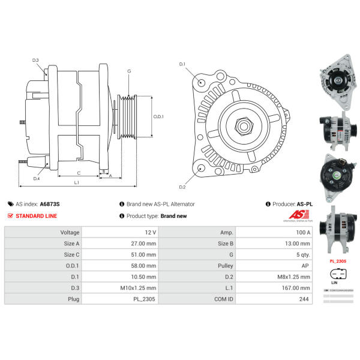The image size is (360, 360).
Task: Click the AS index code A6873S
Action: click(49, 204)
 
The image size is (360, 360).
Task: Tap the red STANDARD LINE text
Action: click(36, 216)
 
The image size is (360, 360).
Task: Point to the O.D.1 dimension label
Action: click(158, 116)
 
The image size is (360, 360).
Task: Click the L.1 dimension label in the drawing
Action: click(77, 182)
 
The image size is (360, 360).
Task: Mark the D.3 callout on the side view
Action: click(35, 60)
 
